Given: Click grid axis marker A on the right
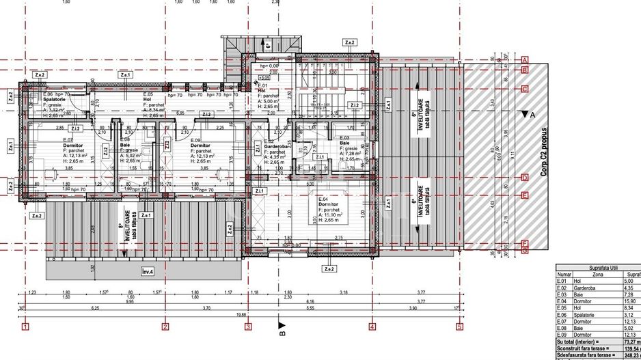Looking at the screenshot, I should pyautogui.click(x=526, y=60).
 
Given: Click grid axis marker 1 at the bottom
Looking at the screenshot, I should pyautogui.click(x=25, y=327).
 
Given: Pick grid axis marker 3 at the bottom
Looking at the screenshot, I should pyautogui.click(x=247, y=327).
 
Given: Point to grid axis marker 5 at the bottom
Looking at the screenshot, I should pyautogui.click(x=460, y=327).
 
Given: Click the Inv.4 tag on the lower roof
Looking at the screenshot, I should pyautogui.click(x=148, y=271).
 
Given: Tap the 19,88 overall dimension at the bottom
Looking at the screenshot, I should pyautogui.click(x=242, y=314).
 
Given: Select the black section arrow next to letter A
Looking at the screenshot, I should pyautogui.click(x=523, y=115).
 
